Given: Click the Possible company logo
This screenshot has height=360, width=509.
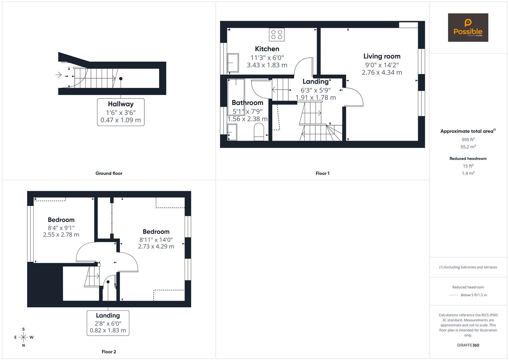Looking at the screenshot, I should [468, 28].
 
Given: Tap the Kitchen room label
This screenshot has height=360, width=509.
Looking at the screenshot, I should [267, 49].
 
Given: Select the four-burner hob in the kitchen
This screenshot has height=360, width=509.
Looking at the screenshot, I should [277, 35].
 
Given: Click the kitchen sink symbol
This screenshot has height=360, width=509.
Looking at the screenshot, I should [233, 63].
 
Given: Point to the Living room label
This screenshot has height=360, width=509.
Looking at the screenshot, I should [382, 56].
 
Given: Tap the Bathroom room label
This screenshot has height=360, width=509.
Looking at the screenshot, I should [247, 103].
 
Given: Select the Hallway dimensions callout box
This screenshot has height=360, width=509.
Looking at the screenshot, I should [121, 112].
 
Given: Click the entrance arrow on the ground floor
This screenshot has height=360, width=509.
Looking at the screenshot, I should [59, 75].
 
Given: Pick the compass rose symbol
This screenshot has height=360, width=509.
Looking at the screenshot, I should [23, 337].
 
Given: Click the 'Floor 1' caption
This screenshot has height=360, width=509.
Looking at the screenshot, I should [322, 173].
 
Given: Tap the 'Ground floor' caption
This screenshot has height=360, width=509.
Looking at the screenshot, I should [109, 173].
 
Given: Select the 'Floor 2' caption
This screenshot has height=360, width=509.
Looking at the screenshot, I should [109, 352].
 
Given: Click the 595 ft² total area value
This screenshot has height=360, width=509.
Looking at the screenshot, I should [468, 140].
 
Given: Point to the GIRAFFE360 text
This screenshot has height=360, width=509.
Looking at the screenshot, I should [468, 345].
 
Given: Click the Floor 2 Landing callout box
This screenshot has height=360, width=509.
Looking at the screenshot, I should [108, 323].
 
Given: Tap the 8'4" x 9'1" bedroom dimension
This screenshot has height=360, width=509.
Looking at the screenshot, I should [61, 228].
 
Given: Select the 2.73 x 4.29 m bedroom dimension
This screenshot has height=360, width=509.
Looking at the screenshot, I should [156, 247].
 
